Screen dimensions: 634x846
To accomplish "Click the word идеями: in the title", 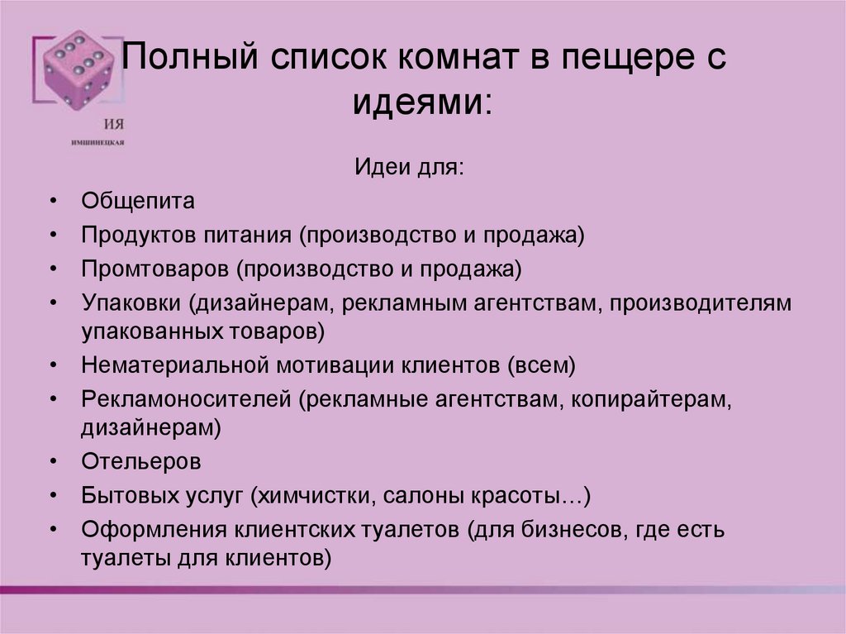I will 422,104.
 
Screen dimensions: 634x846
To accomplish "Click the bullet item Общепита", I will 138,202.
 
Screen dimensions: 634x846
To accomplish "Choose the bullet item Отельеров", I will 140,460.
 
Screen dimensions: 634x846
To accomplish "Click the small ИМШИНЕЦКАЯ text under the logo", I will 98,142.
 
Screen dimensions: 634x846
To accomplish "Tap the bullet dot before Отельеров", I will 54,460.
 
